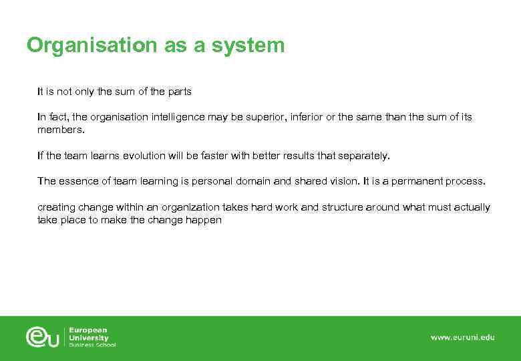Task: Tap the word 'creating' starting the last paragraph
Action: click(57, 207)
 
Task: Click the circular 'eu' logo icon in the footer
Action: click(43, 336)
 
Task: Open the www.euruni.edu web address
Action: click(462, 338)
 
